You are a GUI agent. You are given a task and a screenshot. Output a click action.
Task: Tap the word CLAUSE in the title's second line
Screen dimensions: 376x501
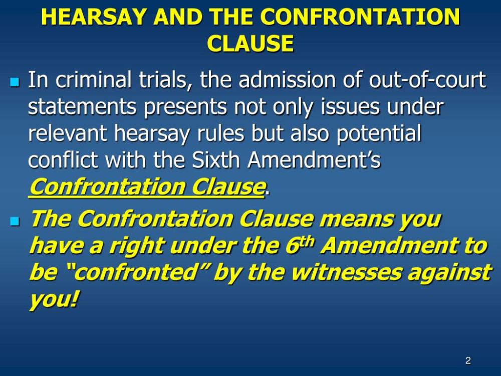(x=250, y=44)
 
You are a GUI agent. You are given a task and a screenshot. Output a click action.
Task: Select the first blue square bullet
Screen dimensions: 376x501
(x=14, y=81)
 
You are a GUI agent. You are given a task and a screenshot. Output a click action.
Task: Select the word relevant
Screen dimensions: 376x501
(x=68, y=134)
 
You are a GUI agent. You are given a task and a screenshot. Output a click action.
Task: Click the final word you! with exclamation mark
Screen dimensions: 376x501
(x=54, y=300)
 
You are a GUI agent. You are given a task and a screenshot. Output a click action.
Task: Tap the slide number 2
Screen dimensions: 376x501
(x=468, y=360)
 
